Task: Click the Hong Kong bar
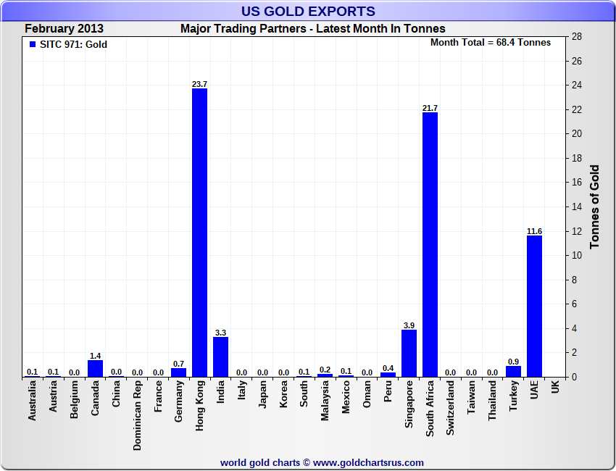click(199, 232)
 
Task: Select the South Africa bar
click(430, 244)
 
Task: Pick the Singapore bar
click(409, 353)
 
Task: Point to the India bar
click(220, 357)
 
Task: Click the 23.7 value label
click(199, 84)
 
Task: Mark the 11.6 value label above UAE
click(534, 231)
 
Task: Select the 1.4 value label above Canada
click(95, 356)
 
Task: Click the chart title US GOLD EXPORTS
click(308, 11)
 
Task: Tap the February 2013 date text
click(64, 29)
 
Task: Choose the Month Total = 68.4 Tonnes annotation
click(490, 42)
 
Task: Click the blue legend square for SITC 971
click(32, 43)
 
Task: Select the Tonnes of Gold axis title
click(594, 207)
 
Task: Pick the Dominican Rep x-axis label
click(137, 415)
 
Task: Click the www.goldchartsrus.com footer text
click(369, 462)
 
